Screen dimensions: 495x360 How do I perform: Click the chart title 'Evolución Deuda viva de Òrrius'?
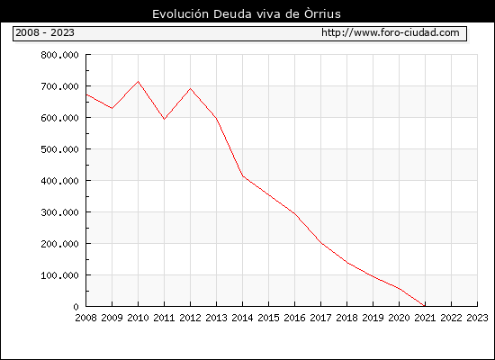[247, 14]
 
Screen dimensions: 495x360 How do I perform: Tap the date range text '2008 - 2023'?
[45, 32]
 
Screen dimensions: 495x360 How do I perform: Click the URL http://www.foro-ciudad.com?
[391, 32]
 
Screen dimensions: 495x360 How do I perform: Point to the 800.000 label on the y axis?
[59, 55]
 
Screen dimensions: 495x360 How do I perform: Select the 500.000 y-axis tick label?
[59, 149]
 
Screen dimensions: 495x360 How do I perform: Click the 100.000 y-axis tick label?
[59, 275]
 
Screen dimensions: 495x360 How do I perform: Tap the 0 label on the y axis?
[76, 307]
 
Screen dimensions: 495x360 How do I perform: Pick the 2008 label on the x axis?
[85, 318]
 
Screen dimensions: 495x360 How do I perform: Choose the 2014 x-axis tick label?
[242, 318]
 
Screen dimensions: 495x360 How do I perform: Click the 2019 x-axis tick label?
[373, 318]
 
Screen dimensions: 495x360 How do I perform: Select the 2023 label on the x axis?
[477, 318]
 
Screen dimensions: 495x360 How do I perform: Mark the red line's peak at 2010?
[139, 82]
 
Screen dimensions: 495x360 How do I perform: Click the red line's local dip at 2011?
[164, 119]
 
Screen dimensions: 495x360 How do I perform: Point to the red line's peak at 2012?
[191, 89]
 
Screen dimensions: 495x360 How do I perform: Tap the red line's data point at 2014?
[242, 175]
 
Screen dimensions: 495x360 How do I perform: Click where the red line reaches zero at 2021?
[425, 306]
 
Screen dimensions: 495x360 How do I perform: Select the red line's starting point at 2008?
[86, 94]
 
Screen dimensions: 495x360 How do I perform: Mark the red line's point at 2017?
[320, 243]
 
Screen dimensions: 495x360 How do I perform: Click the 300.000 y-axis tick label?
[59, 212]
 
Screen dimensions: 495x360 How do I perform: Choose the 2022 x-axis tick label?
[451, 318]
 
